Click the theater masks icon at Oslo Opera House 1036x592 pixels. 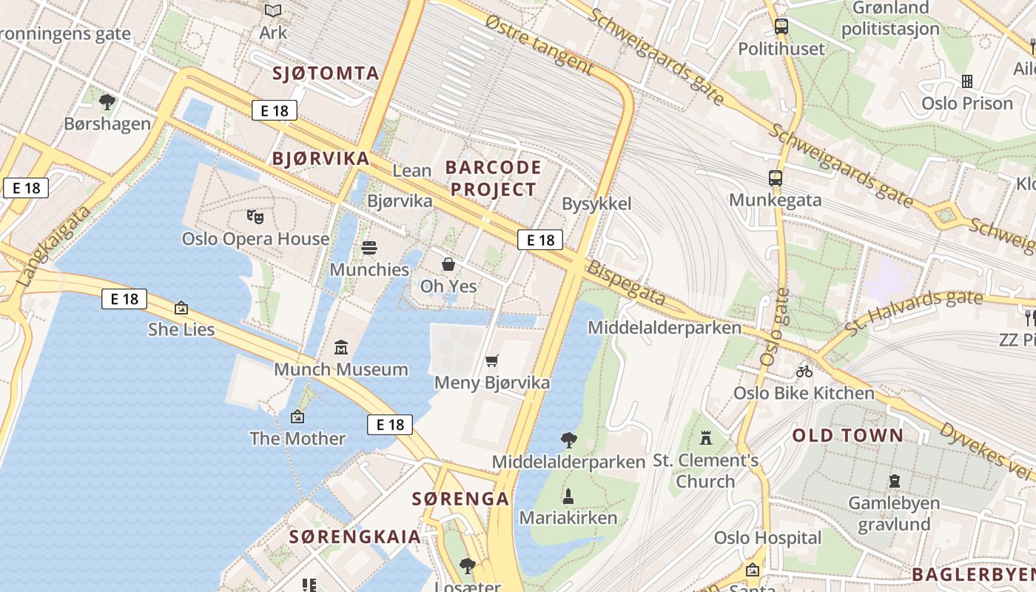tap(255, 217)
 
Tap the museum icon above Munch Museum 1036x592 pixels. tap(341, 347)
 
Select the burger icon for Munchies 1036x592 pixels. tap(369, 247)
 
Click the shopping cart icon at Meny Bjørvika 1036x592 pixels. tap(492, 360)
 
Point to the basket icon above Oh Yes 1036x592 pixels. tap(448, 264)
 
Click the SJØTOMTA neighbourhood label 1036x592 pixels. tap(326, 73)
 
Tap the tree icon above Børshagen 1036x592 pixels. tap(107, 101)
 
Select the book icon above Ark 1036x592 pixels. tap(273, 10)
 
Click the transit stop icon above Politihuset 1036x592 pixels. tap(781, 27)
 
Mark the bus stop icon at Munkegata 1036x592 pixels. tap(776, 178)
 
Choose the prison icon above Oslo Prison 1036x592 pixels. tap(966, 81)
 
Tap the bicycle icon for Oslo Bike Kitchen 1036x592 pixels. tap(804, 371)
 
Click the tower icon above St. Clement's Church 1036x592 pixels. tap(706, 438)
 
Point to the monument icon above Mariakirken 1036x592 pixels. tap(568, 496)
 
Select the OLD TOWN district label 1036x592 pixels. tap(848, 435)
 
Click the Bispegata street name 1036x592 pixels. tap(626, 284)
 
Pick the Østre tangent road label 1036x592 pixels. tap(539, 44)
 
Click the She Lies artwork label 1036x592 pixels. tap(181, 329)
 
